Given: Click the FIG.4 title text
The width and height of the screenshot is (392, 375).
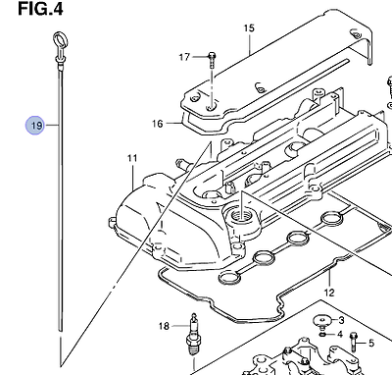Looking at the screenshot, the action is (x=40, y=9).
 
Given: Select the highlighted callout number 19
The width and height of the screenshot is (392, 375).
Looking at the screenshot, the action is (x=35, y=126).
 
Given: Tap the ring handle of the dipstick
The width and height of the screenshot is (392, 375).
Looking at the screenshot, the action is (x=60, y=41).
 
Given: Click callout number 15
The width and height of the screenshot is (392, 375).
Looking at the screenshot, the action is (x=249, y=28).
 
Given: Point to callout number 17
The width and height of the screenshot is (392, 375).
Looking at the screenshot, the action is (x=184, y=57).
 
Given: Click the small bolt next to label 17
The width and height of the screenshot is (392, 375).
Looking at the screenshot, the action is (x=212, y=61).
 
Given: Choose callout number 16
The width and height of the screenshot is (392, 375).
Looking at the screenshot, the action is (x=157, y=124).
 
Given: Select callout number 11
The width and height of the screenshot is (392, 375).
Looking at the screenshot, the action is (x=132, y=158).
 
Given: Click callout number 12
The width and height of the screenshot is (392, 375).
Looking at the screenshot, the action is (x=329, y=292).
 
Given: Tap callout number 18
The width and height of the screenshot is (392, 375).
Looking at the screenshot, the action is (x=164, y=326).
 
